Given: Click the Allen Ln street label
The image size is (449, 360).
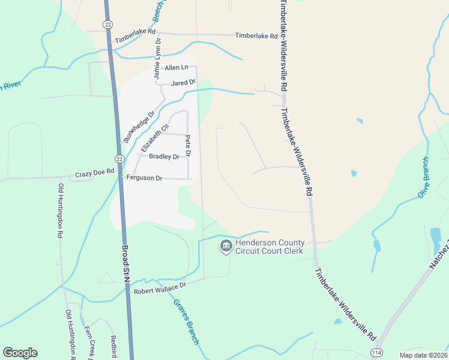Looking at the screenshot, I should pos(176,68).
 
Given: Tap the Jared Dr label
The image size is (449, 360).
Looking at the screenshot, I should pos(184,82).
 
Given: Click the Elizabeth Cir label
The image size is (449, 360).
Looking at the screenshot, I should pos(155,138).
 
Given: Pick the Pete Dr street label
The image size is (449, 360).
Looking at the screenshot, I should pos(188,146).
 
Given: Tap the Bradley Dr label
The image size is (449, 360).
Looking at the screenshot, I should pos(164,157).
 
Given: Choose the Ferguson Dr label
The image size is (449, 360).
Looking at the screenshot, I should pos(144,178).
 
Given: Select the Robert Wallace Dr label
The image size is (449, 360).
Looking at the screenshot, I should pos(160,290).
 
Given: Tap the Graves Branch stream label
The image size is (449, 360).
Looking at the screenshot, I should pos(185,322).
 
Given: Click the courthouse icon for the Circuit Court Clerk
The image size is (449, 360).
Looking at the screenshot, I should pos(226,246).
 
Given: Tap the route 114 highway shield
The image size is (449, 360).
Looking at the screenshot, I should pos(376,352).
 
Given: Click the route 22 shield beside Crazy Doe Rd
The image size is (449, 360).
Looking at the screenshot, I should pos(119,158).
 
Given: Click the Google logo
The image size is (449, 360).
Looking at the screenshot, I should pos(20,352).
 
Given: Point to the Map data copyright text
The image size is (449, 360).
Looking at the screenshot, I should pos(424,355).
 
